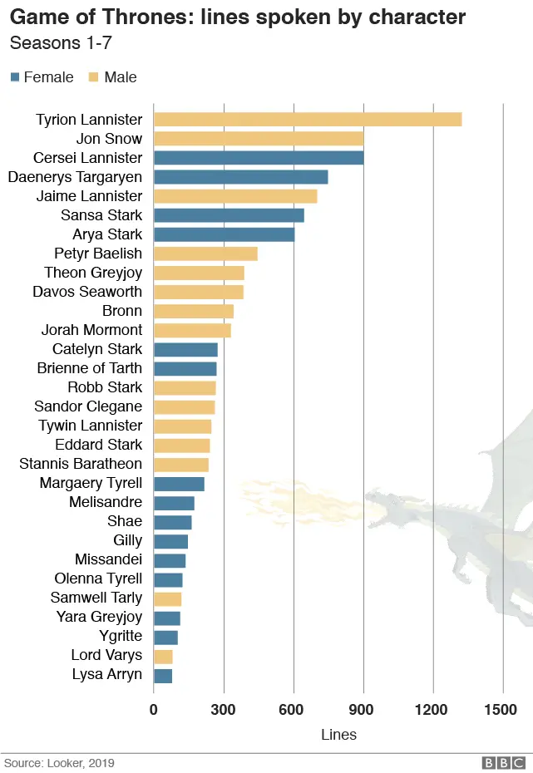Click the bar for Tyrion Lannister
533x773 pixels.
click(x=308, y=120)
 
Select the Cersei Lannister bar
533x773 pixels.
click(x=259, y=158)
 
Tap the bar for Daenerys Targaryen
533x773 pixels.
click(x=241, y=177)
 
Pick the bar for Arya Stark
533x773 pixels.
click(x=225, y=234)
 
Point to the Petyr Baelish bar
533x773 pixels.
click(x=205, y=254)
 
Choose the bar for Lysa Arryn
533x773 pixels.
click(x=163, y=674)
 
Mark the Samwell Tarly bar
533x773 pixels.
click(x=167, y=598)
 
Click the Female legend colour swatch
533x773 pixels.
click(x=15, y=77)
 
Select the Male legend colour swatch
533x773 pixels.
click(x=93, y=77)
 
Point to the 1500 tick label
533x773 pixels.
click(x=502, y=710)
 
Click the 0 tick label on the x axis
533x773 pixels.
click(x=154, y=710)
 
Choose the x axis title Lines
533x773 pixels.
click(x=338, y=735)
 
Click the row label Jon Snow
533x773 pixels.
click(x=109, y=139)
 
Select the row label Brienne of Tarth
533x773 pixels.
click(x=90, y=368)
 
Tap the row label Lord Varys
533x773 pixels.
click(x=106, y=655)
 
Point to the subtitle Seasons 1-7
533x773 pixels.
click(x=61, y=42)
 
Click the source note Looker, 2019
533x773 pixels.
click(x=58, y=762)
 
